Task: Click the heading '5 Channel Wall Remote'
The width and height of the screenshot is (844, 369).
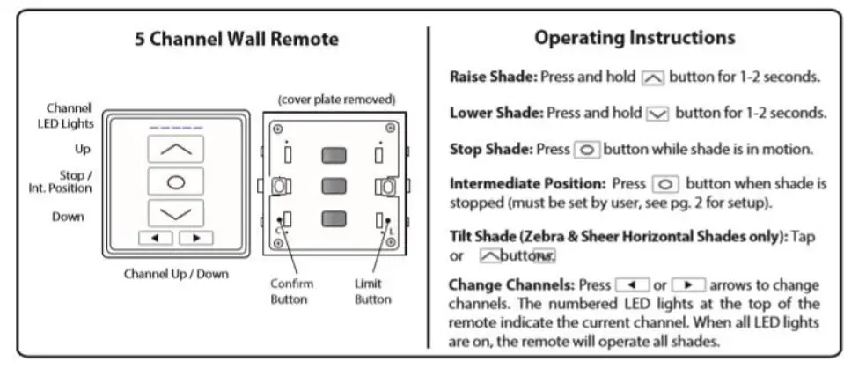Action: (236, 40)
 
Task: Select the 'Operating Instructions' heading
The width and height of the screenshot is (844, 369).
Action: (635, 38)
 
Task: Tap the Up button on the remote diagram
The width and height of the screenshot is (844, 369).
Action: (175, 149)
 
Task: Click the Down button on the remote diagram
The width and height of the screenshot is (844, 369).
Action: (175, 215)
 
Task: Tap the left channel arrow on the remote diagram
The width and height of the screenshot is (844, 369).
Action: (156, 238)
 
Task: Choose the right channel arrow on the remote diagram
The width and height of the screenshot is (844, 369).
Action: (195, 238)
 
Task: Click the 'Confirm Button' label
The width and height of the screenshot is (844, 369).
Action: (291, 292)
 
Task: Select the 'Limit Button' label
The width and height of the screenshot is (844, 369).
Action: (372, 292)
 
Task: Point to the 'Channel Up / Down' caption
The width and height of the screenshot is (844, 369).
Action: (175, 273)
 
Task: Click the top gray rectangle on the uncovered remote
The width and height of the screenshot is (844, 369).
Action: (334, 155)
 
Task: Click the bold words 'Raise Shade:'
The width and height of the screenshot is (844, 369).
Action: (493, 77)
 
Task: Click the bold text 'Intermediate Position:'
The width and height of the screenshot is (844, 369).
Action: (526, 185)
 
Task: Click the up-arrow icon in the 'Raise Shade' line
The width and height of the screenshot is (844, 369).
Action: (652, 77)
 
